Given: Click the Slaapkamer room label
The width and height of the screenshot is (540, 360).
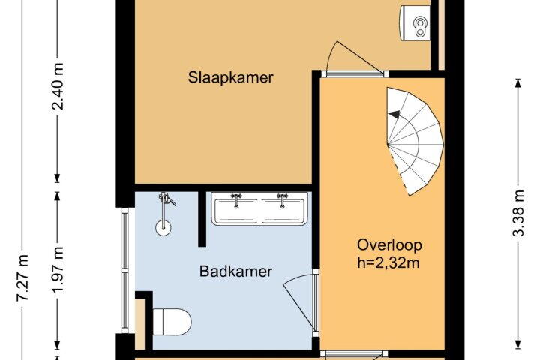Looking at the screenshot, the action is [x=230, y=77].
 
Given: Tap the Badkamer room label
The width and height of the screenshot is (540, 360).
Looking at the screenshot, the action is [x=235, y=271].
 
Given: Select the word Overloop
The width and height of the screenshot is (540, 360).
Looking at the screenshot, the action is [x=389, y=245].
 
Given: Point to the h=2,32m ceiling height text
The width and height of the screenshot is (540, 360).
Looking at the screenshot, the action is [x=388, y=262].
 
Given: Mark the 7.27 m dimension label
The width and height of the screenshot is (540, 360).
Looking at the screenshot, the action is [x=22, y=277].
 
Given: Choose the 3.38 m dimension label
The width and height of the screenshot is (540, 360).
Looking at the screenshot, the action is [x=518, y=213].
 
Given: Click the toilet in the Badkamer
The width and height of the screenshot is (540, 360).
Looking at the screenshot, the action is [x=172, y=322].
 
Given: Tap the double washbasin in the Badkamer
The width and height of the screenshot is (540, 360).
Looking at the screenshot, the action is [x=259, y=208].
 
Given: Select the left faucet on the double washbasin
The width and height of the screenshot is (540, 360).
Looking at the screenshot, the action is [x=236, y=200].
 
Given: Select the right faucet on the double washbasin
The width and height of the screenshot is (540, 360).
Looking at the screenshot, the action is [x=283, y=200].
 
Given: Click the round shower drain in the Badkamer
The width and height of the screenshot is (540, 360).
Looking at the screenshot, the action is [x=163, y=228].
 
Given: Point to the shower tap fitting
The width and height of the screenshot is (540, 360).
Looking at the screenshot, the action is [x=166, y=199].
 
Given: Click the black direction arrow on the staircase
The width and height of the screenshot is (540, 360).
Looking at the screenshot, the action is [x=394, y=115].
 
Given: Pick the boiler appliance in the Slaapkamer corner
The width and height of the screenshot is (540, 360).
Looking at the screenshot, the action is [x=415, y=23].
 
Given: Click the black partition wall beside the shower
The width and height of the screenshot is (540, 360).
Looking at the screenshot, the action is [x=202, y=219].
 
